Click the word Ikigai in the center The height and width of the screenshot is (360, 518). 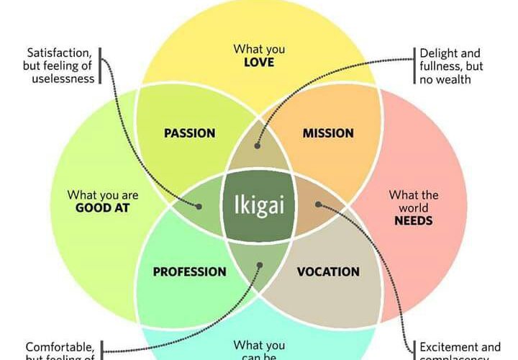(x=259, y=207)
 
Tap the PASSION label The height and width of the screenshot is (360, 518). (x=189, y=133)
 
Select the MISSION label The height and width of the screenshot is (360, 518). (x=328, y=133)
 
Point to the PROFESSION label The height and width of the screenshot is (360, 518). (x=189, y=272)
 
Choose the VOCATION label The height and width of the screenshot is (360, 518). (x=328, y=272)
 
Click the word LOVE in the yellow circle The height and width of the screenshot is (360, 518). (x=259, y=63)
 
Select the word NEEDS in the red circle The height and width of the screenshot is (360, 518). (x=414, y=220)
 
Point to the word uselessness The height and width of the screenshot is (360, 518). (x=63, y=78)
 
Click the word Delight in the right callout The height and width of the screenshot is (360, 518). (x=439, y=53)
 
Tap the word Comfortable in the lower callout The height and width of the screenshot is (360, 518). (x=60, y=346)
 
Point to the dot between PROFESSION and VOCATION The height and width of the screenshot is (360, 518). (x=259, y=265)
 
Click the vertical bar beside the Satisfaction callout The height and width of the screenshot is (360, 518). (x=101, y=66)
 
